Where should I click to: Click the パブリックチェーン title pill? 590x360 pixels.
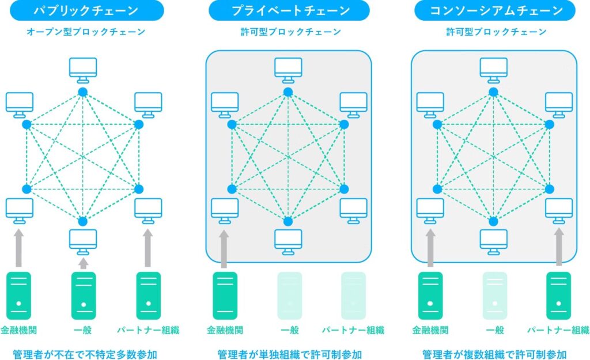[x=86, y=10]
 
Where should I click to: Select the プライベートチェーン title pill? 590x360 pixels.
[x=290, y=10]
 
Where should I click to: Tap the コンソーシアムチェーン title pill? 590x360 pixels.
[x=495, y=10]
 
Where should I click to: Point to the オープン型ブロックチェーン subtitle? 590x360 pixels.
[x=86, y=32]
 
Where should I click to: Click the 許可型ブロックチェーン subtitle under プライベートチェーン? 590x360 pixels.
[x=290, y=32]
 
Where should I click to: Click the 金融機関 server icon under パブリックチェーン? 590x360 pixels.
[x=18, y=295]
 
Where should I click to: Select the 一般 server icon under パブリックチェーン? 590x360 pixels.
[x=83, y=295]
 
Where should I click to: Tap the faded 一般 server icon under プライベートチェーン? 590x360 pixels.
[x=289, y=295]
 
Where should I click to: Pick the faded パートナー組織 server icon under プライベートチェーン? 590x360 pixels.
[x=353, y=295]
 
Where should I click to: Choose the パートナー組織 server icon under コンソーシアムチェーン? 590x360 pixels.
[x=558, y=295]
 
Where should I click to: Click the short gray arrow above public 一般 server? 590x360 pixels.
[x=83, y=263]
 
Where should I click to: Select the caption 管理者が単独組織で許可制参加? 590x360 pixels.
[x=289, y=353]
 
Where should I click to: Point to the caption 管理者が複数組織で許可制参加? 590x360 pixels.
[x=494, y=353]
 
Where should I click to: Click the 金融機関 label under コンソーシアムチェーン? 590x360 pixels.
[x=429, y=331]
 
